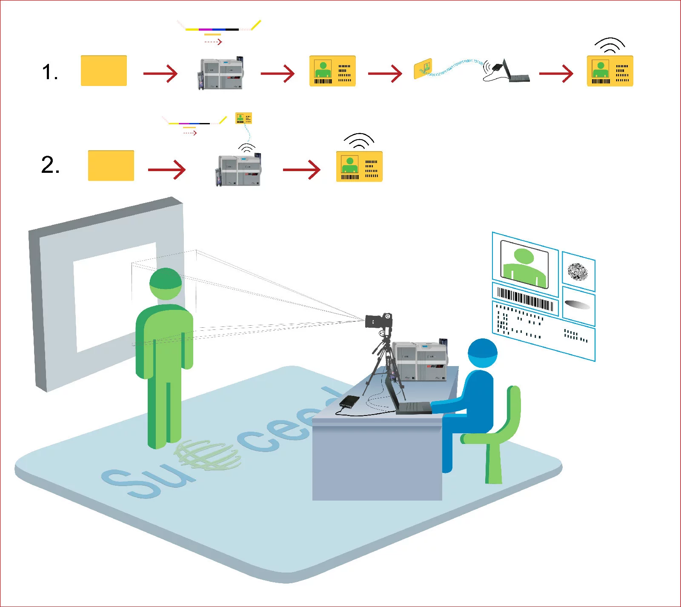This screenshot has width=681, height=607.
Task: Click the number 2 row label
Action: pyautogui.click(x=50, y=165)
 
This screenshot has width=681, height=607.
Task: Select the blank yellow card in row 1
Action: pyautogui.click(x=104, y=71)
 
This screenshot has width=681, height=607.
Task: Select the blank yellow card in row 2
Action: pyautogui.click(x=111, y=166)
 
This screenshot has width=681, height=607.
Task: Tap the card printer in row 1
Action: pyautogui.click(x=220, y=74)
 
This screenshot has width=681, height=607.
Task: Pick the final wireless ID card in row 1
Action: pyautogui.click(x=610, y=71)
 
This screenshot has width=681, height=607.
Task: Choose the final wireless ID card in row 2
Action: pyautogui.click(x=359, y=166)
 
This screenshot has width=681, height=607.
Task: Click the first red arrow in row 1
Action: pyautogui.click(x=160, y=73)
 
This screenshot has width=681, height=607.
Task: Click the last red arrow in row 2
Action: pyautogui.click(x=301, y=170)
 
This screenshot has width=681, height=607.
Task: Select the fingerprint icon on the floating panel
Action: pyautogui.click(x=578, y=272)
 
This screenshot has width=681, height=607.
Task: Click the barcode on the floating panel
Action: pyautogui.click(x=525, y=298)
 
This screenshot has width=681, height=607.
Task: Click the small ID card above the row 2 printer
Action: pyautogui.click(x=243, y=118)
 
